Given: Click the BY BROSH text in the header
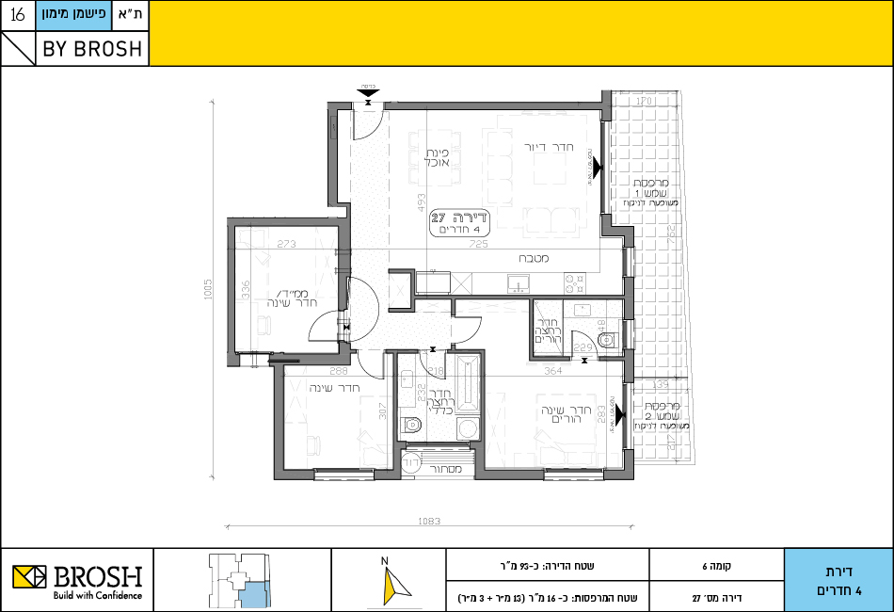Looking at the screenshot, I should [92, 49].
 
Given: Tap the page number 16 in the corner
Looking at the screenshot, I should [17, 15].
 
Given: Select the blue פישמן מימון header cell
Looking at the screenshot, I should [75, 15].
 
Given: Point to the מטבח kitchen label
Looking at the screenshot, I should [532, 258].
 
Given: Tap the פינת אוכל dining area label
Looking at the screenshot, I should [434, 157].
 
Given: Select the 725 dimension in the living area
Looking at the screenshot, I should [480, 245].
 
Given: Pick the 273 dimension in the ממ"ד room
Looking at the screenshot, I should [286, 244].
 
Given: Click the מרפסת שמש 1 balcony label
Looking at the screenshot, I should [649, 191].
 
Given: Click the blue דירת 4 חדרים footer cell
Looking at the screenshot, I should [838, 580].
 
